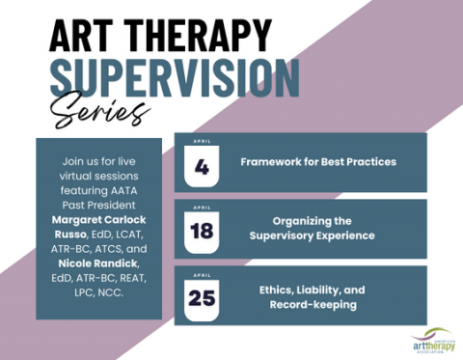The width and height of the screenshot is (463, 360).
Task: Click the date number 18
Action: tap(203, 231)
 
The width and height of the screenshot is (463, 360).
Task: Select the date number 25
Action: tap(203, 296)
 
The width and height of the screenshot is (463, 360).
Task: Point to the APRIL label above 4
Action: tap(203, 141)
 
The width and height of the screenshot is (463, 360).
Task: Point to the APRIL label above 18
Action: tap(203, 207)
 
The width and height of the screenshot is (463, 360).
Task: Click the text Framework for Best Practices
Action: tap(318, 161)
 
